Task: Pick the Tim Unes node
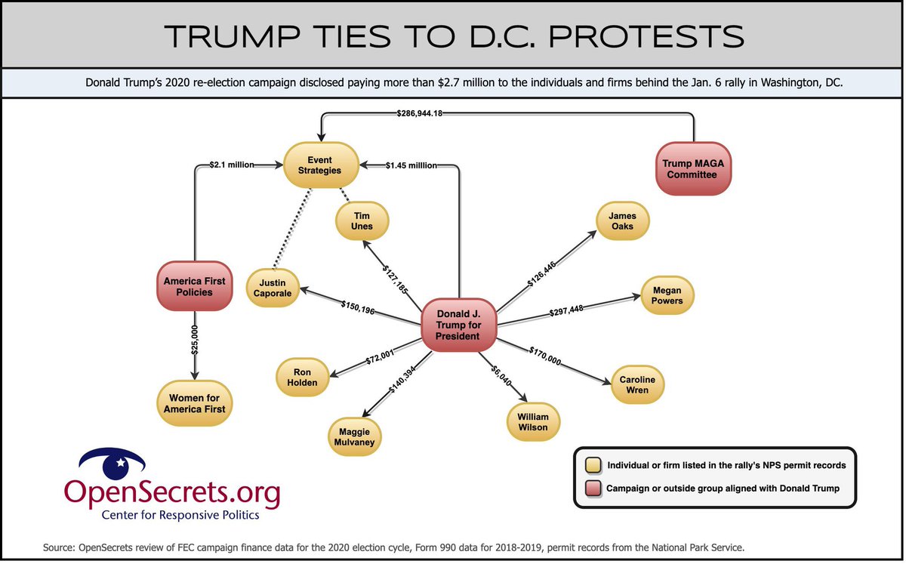coord(363,220)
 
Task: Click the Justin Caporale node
coord(273,288)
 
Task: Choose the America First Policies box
coord(195,286)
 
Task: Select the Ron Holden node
coord(302,377)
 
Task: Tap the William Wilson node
coord(533,422)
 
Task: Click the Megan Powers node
coord(667,295)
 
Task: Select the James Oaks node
coord(622,221)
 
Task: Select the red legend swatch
coord(593,488)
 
